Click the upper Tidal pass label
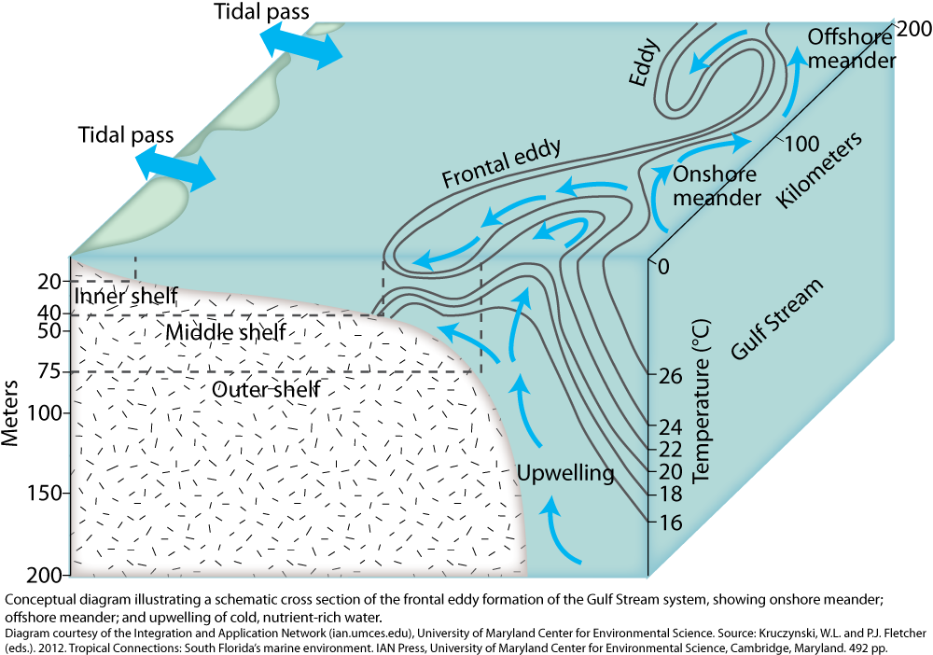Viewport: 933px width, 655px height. click(262, 11)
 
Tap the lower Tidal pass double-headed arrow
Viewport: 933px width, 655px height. click(175, 169)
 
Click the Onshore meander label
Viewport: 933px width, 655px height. click(717, 186)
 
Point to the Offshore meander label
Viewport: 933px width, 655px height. click(852, 49)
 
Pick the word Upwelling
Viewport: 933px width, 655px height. click(564, 473)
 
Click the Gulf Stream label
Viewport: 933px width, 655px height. click(776, 318)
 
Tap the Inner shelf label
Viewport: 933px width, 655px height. click(126, 295)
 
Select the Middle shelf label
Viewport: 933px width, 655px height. click(226, 332)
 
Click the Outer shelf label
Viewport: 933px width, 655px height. click(266, 390)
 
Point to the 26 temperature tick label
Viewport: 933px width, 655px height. click(671, 376)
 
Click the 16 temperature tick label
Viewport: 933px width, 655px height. click(671, 523)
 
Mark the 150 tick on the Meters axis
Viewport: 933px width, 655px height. click(45, 494)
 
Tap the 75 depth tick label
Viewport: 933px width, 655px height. click(49, 372)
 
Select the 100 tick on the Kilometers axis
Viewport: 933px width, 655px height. click(801, 144)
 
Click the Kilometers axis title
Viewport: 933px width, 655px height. click(819, 170)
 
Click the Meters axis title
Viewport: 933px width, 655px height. click(10, 412)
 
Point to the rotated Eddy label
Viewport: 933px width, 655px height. click(646, 63)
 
